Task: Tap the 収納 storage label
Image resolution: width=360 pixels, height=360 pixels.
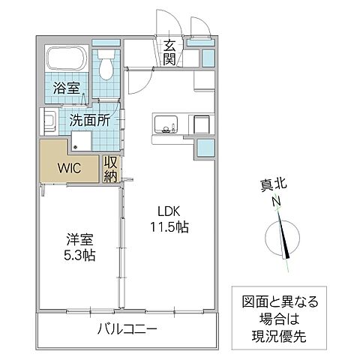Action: [x=111, y=168]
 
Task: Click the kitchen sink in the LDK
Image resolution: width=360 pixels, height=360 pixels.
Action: [x=164, y=124]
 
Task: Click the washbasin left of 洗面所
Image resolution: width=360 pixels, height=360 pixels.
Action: [x=46, y=121]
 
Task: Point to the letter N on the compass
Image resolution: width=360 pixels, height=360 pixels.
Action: [x=276, y=200]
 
